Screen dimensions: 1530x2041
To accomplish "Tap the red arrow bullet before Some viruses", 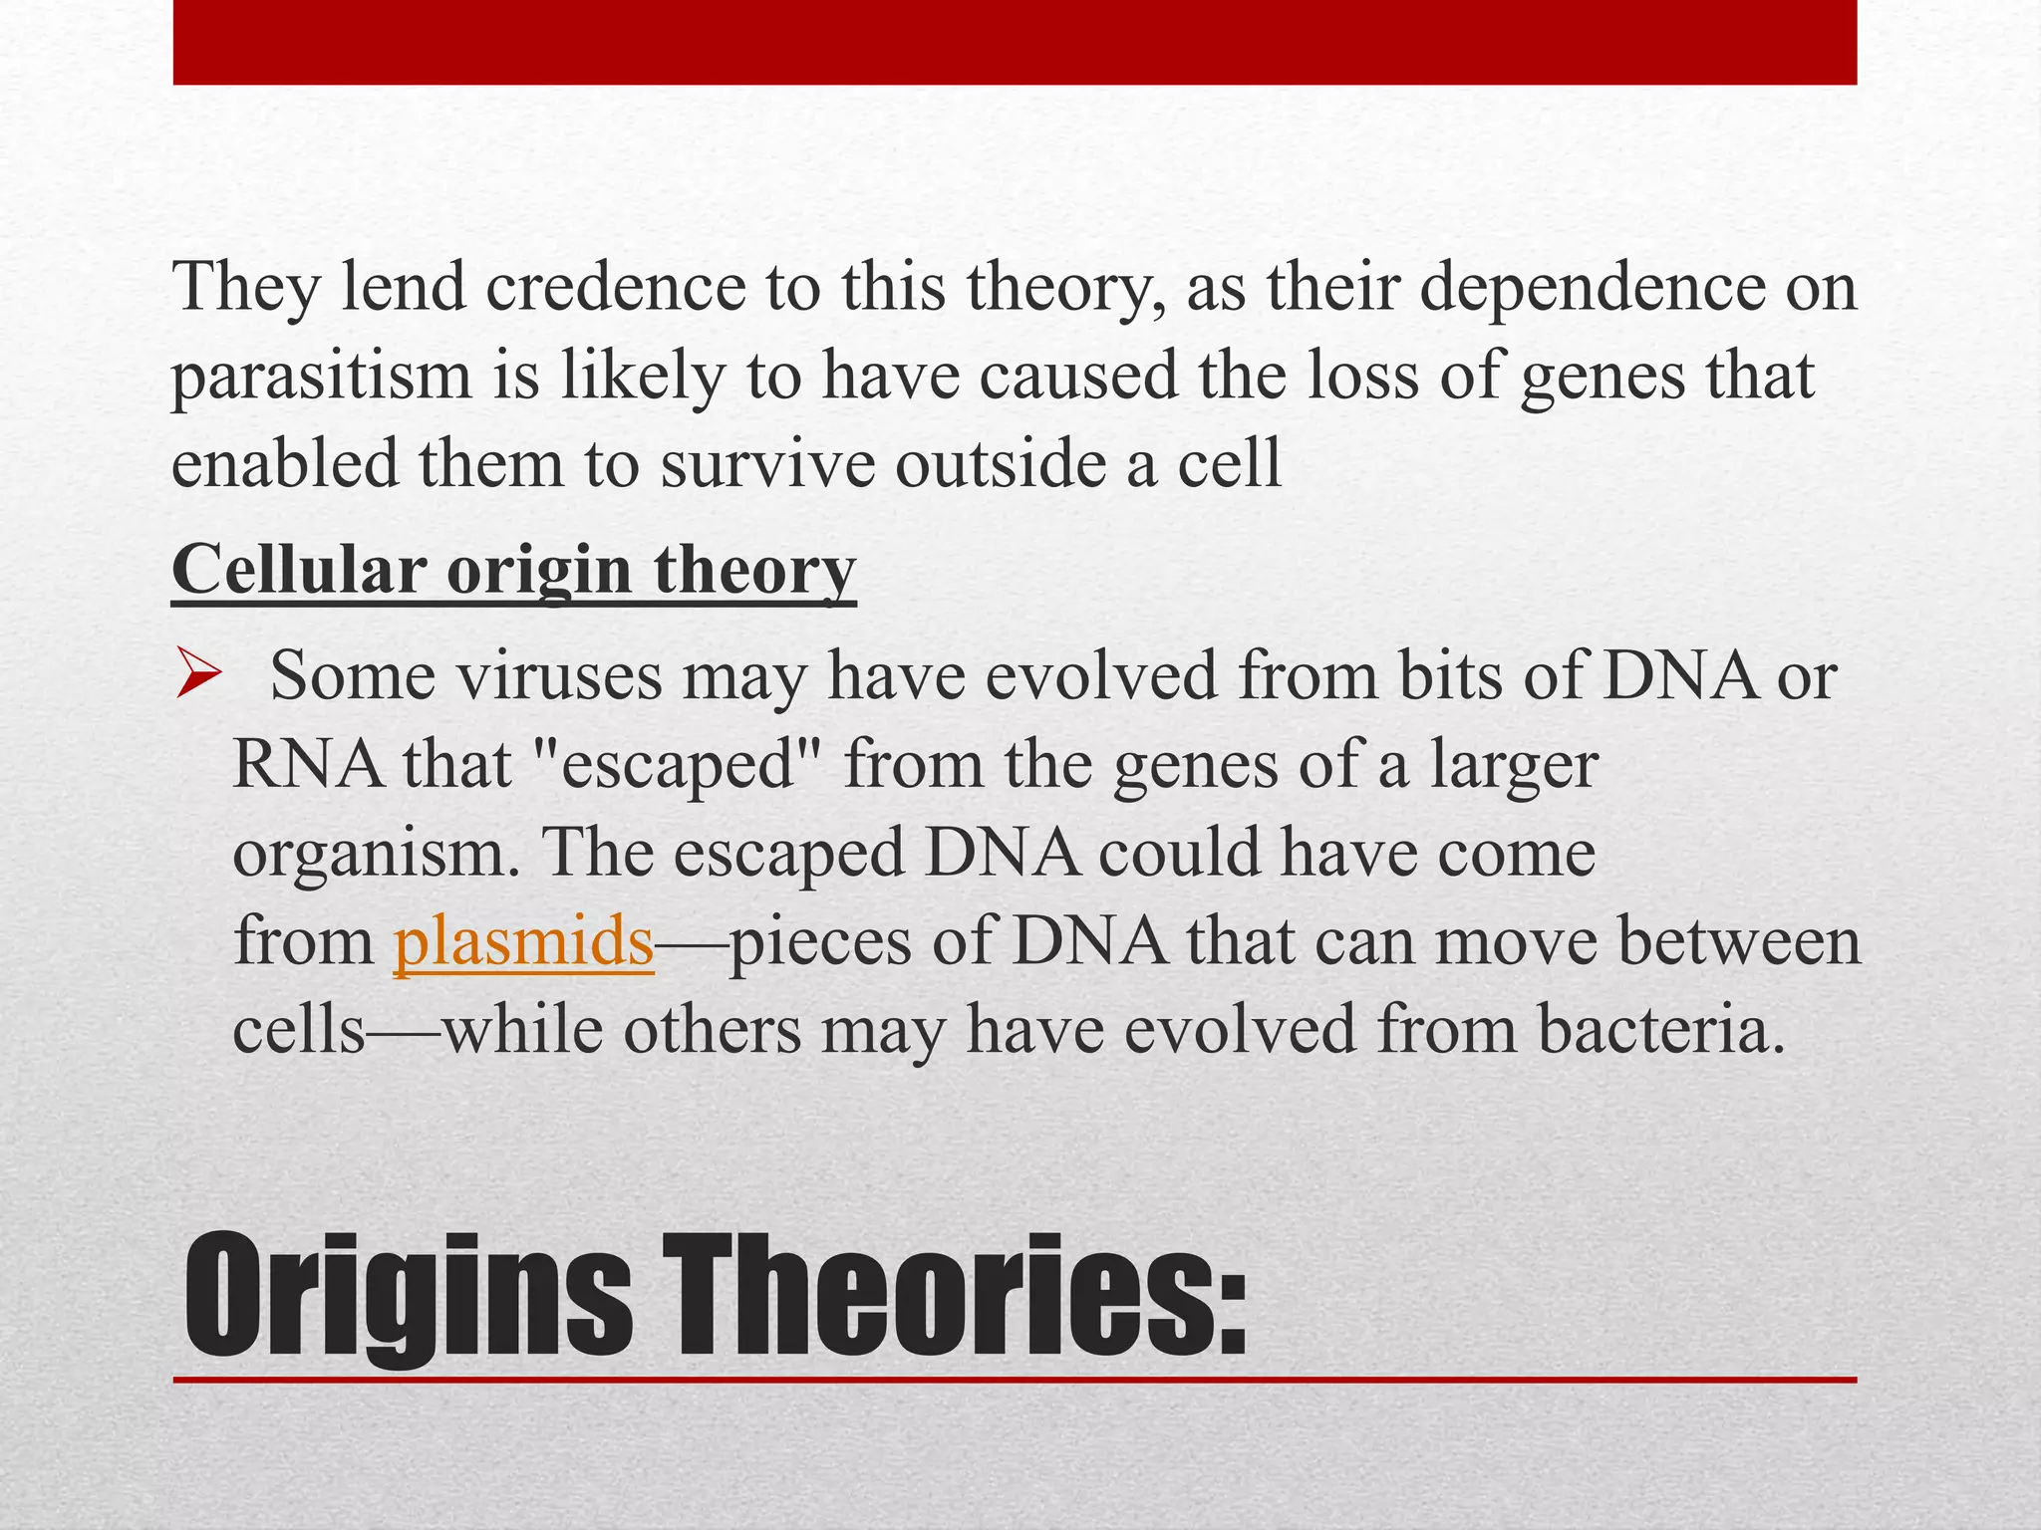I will tap(196, 674).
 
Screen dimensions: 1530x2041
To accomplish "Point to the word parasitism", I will tap(321, 377).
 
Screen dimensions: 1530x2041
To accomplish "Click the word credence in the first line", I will tap(615, 287).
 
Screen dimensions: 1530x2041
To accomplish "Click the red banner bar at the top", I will tap(1015, 42).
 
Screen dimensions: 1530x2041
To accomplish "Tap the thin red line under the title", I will tap(1015, 1380).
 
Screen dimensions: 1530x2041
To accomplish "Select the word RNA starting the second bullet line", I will tap(308, 765).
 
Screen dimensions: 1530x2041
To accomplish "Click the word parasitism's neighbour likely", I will tap(641, 377).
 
